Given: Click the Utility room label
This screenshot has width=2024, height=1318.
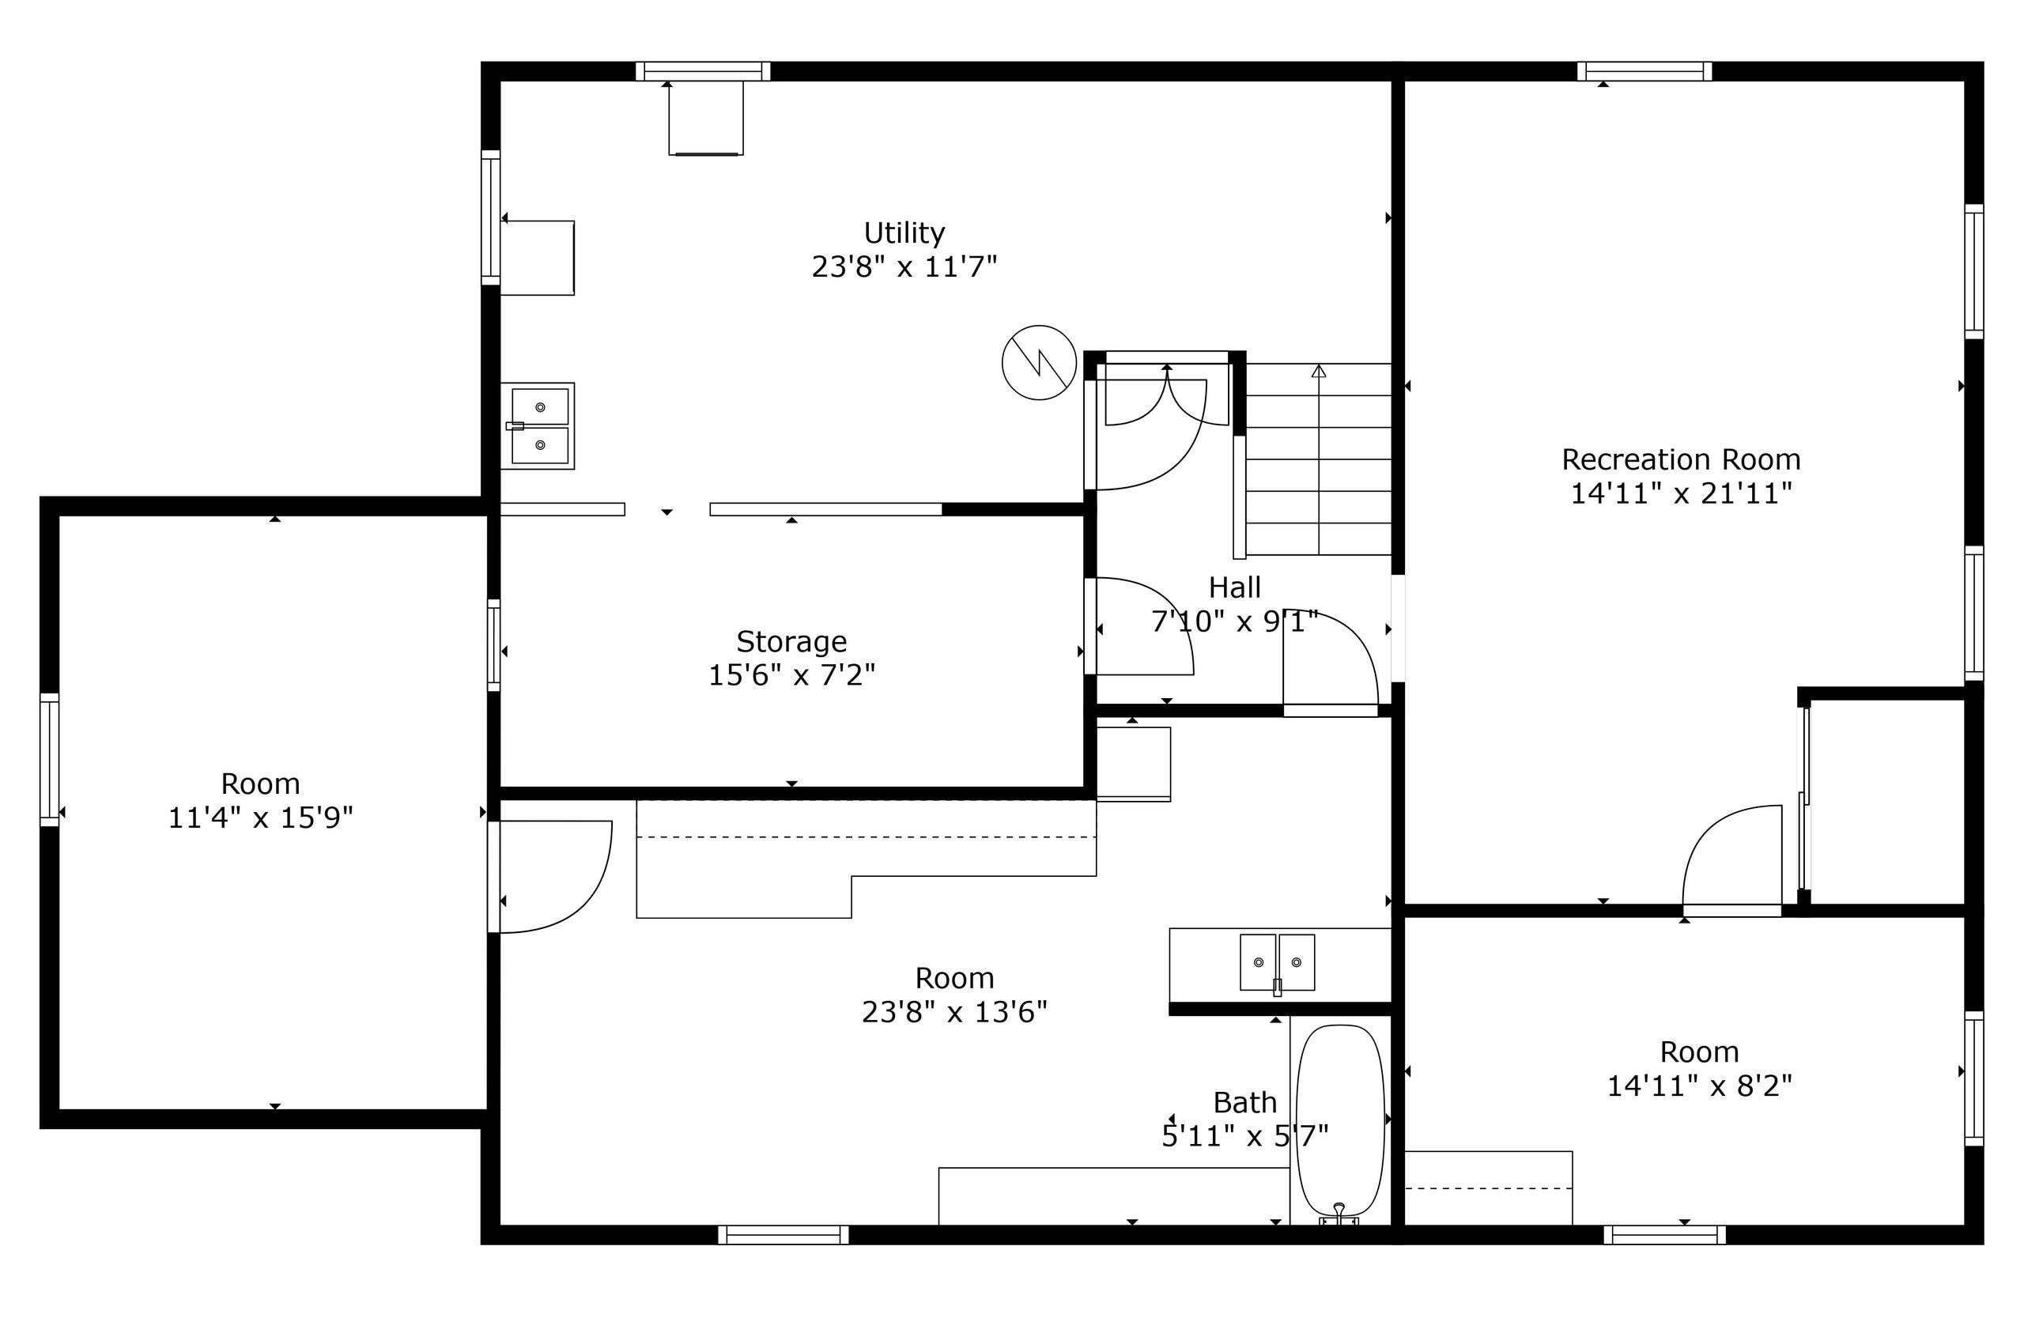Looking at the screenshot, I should tap(903, 232).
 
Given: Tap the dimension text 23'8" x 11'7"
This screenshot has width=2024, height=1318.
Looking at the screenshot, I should tap(903, 267).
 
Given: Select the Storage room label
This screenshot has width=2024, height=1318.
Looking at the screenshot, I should tap(791, 640).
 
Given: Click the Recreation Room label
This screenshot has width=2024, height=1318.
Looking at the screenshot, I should tap(1680, 459).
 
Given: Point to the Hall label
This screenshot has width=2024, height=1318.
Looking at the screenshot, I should tap(1234, 587).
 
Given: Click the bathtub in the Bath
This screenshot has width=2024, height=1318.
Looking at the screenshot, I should tap(1339, 1120).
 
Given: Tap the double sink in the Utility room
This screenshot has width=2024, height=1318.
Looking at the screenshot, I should tap(539, 425).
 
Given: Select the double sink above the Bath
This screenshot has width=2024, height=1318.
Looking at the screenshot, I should tap(1277, 961).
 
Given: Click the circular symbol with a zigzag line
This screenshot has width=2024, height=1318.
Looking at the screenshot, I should tap(1038, 362).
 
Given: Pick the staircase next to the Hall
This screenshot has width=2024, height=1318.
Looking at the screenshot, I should tap(1317, 459).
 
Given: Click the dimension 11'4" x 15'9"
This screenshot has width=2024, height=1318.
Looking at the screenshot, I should tap(260, 818).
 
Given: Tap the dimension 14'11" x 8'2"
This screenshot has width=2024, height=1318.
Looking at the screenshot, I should tap(1698, 1086).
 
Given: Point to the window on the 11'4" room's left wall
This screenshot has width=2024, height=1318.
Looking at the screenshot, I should tap(49, 759).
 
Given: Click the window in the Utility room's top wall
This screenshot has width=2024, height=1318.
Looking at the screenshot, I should tap(702, 70).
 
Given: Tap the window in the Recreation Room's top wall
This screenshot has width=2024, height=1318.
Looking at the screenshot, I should tap(1644, 70).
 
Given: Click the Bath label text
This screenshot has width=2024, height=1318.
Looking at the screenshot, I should tap(1244, 1102).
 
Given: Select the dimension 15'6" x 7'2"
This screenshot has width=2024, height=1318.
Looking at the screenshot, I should tap(791, 675).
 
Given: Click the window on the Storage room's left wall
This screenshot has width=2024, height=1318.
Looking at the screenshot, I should tap(493, 644).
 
